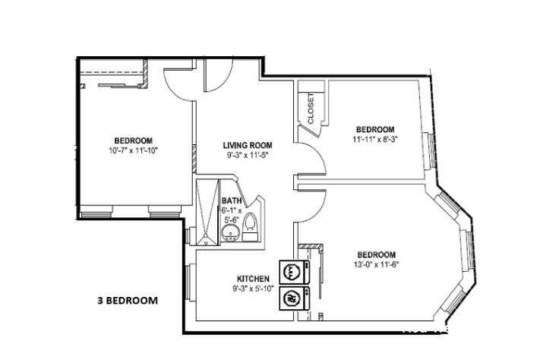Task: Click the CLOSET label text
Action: pyautogui.click(x=311, y=109)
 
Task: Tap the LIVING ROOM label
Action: pyautogui.click(x=247, y=144)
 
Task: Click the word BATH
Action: pyautogui.click(x=231, y=201)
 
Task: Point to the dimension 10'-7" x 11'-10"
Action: pyautogui.click(x=134, y=150)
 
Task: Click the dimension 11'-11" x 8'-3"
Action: pyautogui.click(x=374, y=140)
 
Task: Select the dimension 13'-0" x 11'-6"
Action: pyautogui.click(x=376, y=264)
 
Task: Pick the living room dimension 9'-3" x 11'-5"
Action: pyautogui.click(x=247, y=155)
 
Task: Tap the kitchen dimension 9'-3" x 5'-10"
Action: pyautogui.click(x=254, y=289)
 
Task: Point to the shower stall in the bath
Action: pyautogui.click(x=206, y=213)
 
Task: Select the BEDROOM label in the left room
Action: pyautogui.click(x=134, y=141)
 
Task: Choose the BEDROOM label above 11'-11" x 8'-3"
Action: pyautogui.click(x=375, y=129)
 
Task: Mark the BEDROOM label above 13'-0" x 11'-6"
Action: pyautogui.click(x=376, y=254)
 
